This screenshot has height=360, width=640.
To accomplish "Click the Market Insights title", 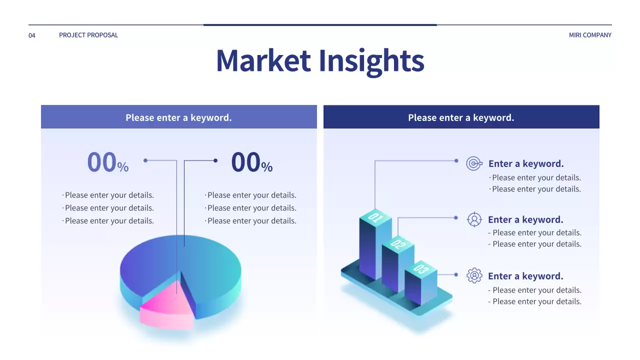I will pos(320,60).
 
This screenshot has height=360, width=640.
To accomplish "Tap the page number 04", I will pos(32,35).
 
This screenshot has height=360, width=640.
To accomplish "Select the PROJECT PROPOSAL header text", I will pos(88,35).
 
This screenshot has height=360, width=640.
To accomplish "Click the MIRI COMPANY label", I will pos(590,35).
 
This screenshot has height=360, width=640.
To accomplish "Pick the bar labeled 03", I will pos(420,285).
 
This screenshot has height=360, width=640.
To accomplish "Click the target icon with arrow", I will pos(474,163).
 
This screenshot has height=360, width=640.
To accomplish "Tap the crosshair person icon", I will pos(474,219).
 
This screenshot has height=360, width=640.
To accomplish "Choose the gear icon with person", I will pos(474,275).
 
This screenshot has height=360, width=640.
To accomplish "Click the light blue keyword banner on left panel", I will pos(178,117).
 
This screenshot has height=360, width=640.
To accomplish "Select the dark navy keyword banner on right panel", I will pos(461,117).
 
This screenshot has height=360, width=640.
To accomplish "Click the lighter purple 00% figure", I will pos(107,163).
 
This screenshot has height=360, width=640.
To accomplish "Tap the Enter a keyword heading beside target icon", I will pos(526,163).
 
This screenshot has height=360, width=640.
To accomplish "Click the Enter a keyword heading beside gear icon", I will pos(525,276).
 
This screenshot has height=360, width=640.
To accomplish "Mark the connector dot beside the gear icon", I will pos(456,274).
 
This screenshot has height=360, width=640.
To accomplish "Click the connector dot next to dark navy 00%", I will pos(215,160).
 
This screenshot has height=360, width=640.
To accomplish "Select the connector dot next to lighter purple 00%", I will pos(145,160).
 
